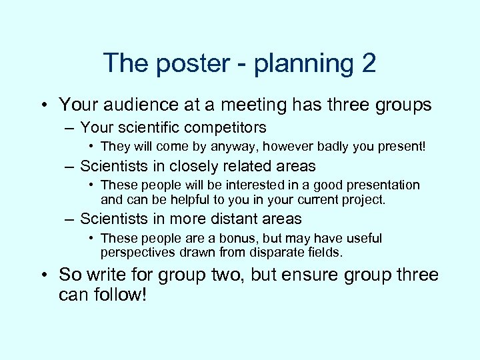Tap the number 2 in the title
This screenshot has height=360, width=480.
click(369, 64)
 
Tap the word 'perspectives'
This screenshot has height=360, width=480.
click(137, 253)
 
